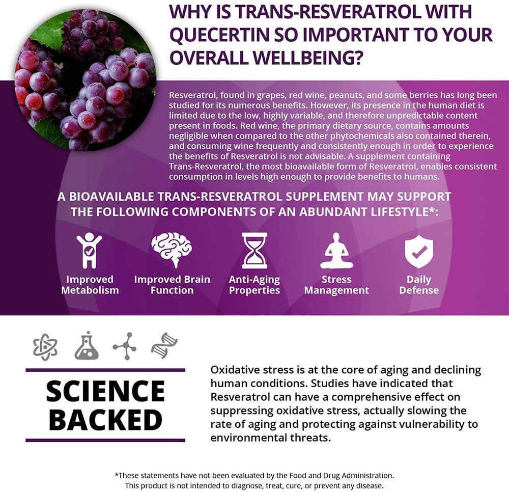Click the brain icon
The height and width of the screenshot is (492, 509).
tap(172, 250)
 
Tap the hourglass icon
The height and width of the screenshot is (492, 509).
tap(254, 251)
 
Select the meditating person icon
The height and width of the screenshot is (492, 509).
tap(336, 251)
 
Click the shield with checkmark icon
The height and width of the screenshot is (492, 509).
tap(419, 252)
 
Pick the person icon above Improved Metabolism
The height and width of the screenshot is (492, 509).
tap(89, 251)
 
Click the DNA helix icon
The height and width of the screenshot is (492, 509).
tap(164, 345)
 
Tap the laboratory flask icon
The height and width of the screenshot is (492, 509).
tap(87, 345)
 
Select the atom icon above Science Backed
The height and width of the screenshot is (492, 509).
tap(45, 347)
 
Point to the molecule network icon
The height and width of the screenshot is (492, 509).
tap(125, 346)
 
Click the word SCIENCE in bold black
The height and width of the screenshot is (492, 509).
tap(105, 391)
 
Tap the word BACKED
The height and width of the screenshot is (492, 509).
tap(105, 419)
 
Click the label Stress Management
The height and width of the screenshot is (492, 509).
tap(336, 285)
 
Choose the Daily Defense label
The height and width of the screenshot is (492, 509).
tap(419, 285)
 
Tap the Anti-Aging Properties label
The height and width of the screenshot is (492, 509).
tap(254, 285)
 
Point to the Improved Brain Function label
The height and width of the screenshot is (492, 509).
tap(172, 285)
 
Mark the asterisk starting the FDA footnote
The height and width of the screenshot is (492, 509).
tap(117, 475)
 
